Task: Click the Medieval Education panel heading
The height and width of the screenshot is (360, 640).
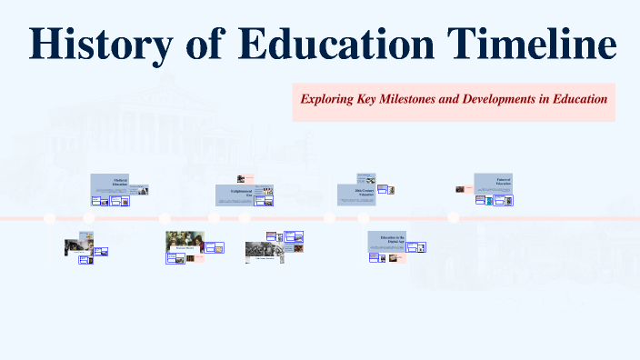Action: [x=119, y=182]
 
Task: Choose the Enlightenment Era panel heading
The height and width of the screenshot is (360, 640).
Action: [x=240, y=192]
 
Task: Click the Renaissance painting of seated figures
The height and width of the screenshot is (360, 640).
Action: [x=185, y=243]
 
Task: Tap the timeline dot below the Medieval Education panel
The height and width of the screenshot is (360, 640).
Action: [x=89, y=218]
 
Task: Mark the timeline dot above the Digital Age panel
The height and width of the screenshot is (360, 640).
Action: [x=364, y=218]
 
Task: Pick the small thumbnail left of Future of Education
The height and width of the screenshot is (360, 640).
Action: [x=461, y=190]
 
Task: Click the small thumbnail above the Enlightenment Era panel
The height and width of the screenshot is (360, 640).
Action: [x=241, y=179]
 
